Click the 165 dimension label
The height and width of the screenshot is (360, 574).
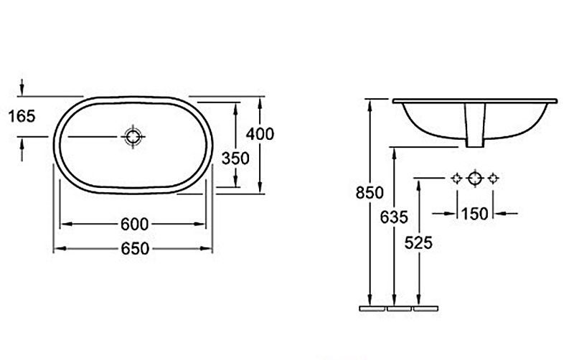click(22, 116)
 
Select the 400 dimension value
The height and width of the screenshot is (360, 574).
click(260, 134)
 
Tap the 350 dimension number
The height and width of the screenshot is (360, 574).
click(235, 158)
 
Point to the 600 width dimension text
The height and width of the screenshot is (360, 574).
click(135, 224)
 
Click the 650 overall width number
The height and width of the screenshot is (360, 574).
click(135, 249)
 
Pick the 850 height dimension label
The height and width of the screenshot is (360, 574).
click(370, 193)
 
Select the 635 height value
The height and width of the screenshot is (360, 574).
click(394, 217)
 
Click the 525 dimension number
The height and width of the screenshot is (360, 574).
click(418, 242)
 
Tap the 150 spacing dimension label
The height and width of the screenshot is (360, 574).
click(474, 214)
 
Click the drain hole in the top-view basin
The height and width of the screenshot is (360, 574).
click(133, 137)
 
